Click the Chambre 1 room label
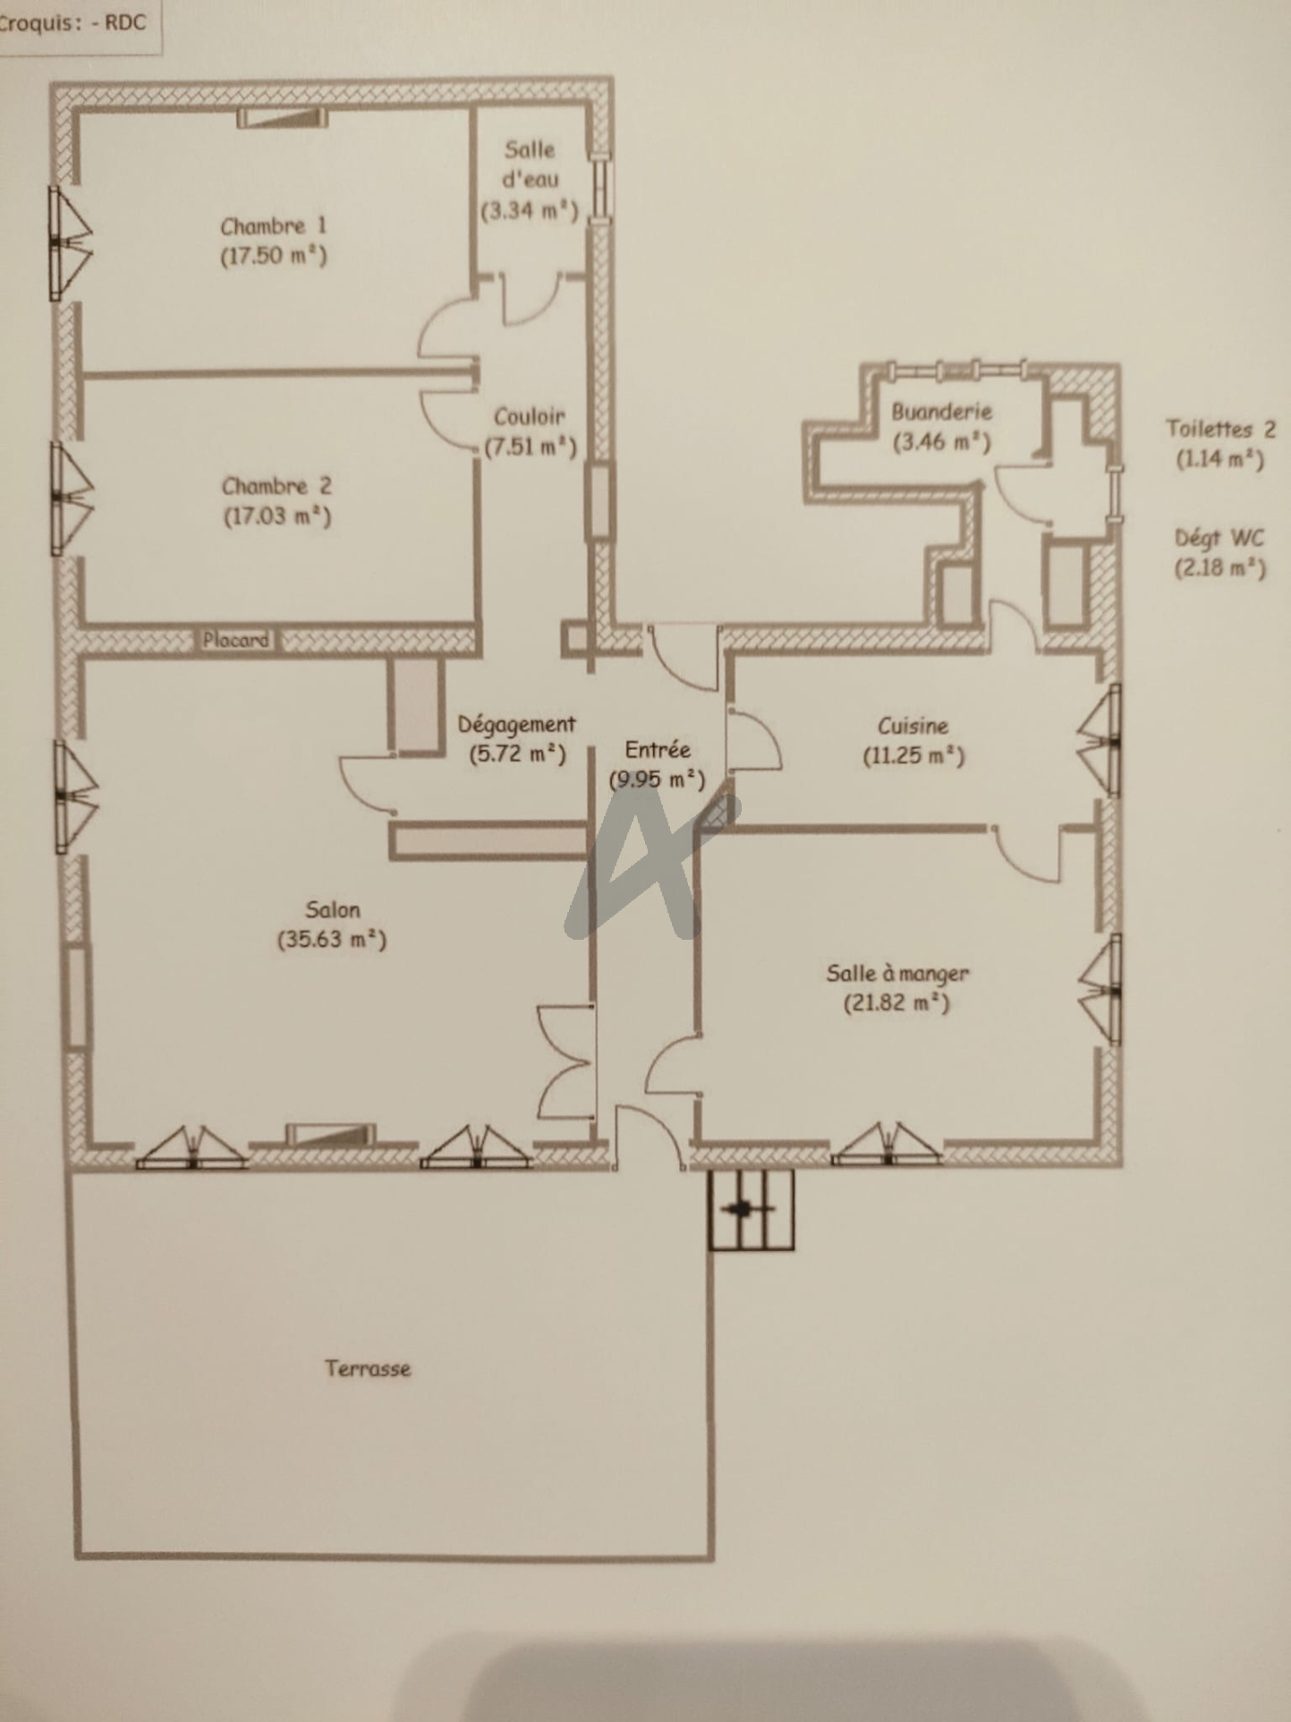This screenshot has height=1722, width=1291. pos(274,226)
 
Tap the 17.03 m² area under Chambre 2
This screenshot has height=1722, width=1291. pos(277,516)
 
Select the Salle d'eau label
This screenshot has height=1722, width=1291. pos(530,164)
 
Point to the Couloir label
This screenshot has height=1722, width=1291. pos(530,416)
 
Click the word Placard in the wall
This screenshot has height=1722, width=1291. pos(235,640)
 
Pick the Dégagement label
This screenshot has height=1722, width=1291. pos(517,725)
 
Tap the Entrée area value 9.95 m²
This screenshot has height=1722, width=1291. pos(657,780)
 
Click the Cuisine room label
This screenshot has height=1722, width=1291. pos(913,725)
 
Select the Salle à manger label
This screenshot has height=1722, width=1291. pos(897,973)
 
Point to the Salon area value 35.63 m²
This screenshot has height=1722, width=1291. pos(332,940)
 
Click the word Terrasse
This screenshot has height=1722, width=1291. pos(368,1368)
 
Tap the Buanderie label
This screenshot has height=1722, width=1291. pos(942,412)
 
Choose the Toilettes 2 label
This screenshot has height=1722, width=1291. pos(1220,429)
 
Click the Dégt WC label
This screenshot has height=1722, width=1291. pos(1220,538)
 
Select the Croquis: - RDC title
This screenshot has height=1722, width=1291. pos(73,23)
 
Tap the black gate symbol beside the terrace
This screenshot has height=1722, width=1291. pos(751,1210)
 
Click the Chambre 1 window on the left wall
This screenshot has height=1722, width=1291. pos(70,243)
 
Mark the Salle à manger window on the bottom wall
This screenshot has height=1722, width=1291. pos(887,1145)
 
